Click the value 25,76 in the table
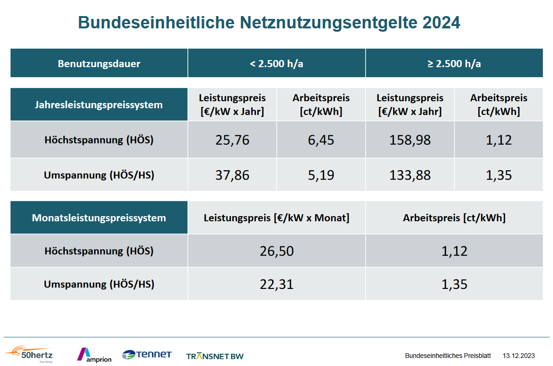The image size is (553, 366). [232, 140]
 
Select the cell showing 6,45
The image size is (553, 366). [321, 140]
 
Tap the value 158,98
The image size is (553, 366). [410, 140]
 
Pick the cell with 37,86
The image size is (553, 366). [232, 175]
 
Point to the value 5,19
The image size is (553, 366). [321, 175]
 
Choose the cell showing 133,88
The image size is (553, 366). [410, 175]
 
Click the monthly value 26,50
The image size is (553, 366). [276, 251]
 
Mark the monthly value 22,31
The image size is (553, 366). [276, 284]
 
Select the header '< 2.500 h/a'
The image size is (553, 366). [276, 63]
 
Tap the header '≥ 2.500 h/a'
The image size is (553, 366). [454, 63]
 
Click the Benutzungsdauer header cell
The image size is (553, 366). [99, 63]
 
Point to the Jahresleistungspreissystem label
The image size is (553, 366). [99, 105]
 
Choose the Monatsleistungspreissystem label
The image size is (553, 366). [99, 218]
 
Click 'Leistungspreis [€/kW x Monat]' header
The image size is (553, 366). [276, 218]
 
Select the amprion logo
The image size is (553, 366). [94, 355]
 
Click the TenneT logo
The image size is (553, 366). [147, 354]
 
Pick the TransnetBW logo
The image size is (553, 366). [215, 356]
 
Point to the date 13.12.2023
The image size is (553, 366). [518, 356]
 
